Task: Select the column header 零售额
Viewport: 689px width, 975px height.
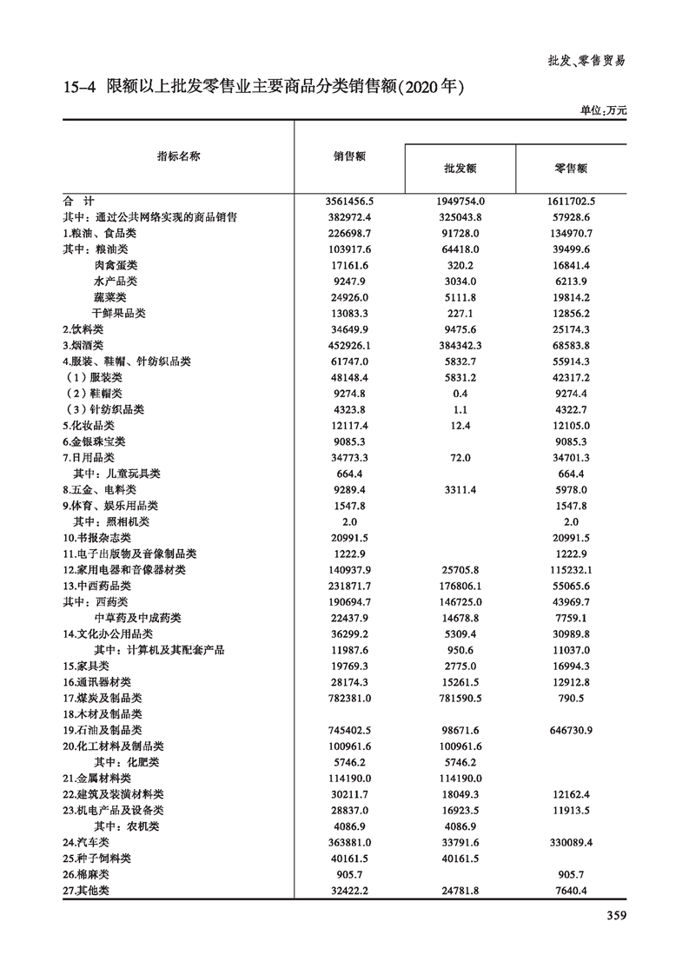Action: tap(571, 169)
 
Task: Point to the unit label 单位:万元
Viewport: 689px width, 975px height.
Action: tap(603, 110)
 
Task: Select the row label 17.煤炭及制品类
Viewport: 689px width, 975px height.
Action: tap(102, 698)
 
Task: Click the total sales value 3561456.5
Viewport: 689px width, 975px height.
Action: tap(348, 201)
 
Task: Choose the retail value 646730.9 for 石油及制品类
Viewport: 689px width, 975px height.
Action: tap(571, 730)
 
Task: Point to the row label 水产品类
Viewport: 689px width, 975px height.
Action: tap(116, 281)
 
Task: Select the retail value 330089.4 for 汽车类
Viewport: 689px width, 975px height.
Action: tap(571, 842)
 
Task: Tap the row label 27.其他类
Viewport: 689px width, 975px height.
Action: tap(87, 891)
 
